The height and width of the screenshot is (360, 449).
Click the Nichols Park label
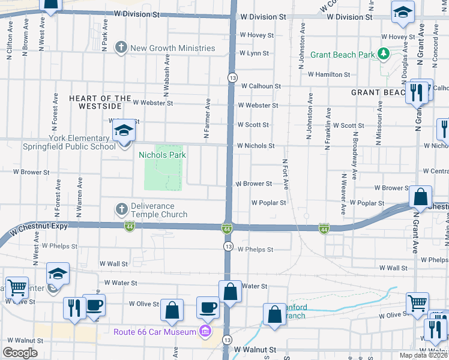(x=162, y=155)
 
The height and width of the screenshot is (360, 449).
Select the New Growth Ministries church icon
(x=121, y=47)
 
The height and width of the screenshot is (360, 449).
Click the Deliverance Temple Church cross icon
(x=121, y=209)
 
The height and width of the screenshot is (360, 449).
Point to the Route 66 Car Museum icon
(x=205, y=331)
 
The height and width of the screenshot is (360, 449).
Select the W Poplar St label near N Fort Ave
(x=268, y=203)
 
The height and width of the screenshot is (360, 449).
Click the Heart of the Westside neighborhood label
(x=100, y=102)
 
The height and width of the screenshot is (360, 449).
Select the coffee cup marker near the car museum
(x=208, y=307)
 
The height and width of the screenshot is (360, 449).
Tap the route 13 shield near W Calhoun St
(x=231, y=77)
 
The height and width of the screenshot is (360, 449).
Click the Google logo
(x=20, y=353)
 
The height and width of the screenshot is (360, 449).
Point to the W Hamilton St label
(x=329, y=74)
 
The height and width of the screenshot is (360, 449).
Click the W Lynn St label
(x=254, y=53)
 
